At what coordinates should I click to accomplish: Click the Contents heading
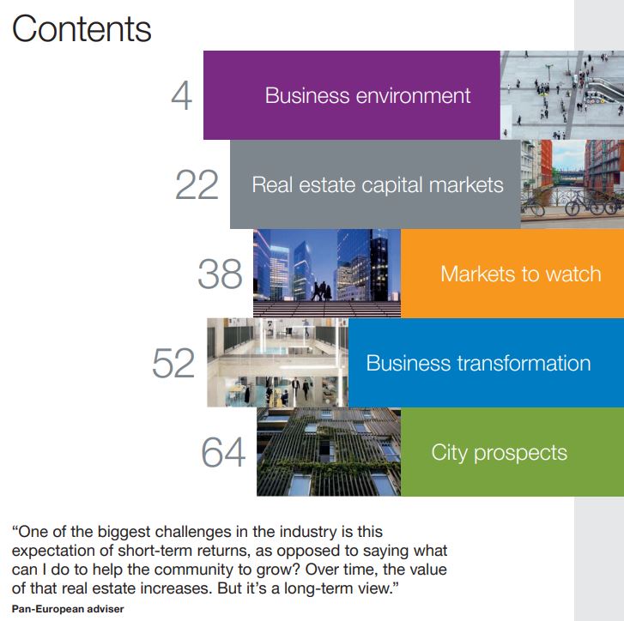point(82,28)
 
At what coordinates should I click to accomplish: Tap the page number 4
point(182,96)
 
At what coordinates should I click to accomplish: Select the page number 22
point(197,185)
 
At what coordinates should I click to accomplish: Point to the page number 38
point(220,274)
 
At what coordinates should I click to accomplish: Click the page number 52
point(173,363)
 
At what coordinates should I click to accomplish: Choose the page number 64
point(223,452)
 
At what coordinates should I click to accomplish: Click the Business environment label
point(367,95)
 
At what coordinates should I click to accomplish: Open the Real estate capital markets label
point(378,185)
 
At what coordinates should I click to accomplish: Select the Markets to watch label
point(520,274)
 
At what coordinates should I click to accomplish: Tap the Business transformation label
point(478,363)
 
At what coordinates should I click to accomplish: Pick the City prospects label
point(499,453)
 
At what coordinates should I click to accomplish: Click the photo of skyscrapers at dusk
point(327,273)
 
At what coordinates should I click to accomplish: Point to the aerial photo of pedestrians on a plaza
point(562,95)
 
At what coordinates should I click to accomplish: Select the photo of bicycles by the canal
point(573,184)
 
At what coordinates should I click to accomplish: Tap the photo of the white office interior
point(278,363)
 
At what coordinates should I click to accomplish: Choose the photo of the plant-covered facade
point(329,452)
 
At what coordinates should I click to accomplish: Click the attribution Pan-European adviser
point(68,609)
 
